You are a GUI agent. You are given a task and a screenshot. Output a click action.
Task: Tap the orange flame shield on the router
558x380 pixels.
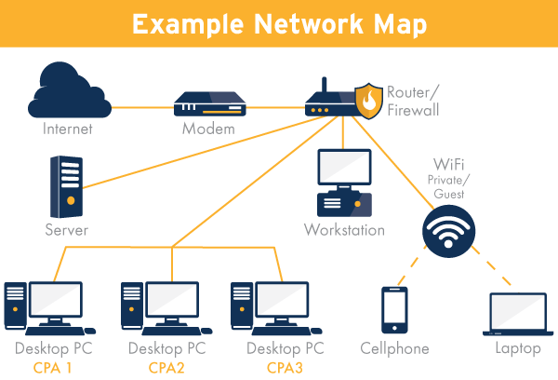coord(370,102)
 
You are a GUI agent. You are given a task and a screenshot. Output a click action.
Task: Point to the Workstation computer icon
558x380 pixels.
coord(343,182)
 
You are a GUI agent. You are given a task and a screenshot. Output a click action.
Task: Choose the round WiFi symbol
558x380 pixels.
coord(448,230)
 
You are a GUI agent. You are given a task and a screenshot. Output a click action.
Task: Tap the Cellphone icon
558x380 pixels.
coord(394,309)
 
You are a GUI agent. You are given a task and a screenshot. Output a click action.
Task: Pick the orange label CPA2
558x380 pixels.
coord(167,367)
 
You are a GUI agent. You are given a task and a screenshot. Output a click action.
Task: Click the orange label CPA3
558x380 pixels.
coord(286,367)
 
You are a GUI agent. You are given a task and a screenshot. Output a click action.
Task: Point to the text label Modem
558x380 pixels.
coord(208,129)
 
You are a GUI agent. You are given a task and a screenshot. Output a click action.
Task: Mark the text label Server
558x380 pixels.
coord(66,229)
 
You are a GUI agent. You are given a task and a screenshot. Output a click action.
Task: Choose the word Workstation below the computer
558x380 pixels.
coord(344,229)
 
